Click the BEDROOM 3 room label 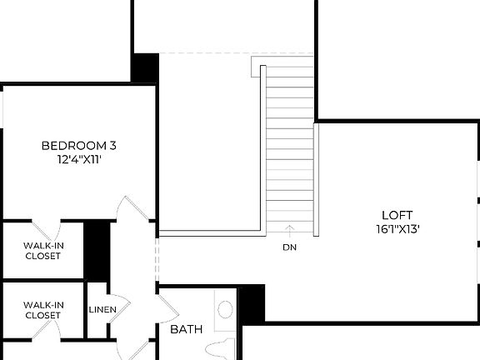(78, 146)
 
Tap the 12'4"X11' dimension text (78, 159)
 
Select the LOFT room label (396, 214)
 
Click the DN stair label (289, 247)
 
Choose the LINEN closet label (102, 310)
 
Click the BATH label (187, 329)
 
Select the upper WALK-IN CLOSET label (42, 250)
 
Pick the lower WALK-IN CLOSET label (42, 311)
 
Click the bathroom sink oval (225, 310)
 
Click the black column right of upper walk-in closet (97, 248)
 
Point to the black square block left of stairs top (145, 67)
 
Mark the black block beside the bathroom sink (252, 303)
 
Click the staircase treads (289, 142)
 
